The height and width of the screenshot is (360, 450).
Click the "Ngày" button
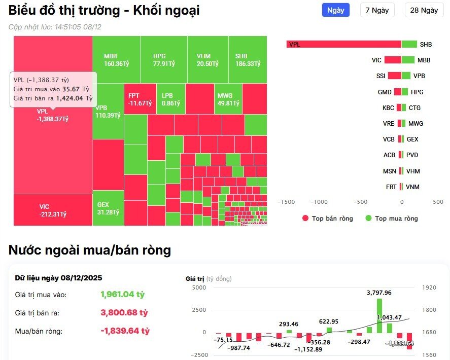tap(335, 10)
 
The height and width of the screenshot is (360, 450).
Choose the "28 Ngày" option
tap(424, 10)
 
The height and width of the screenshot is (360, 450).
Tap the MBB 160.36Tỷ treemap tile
tap(116, 60)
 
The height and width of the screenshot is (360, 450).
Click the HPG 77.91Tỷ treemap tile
tap(163, 60)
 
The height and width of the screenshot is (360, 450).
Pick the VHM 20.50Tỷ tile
tap(207, 60)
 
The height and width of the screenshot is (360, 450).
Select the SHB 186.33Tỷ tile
tap(248, 60)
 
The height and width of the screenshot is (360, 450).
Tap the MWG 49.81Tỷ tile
tap(228, 99)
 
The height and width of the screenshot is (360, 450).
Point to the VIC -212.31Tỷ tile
tap(53, 210)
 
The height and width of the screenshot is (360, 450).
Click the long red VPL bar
tap(344, 44)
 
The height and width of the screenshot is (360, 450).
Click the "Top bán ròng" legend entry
tap(327, 219)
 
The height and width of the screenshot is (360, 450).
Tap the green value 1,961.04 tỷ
tap(122, 294)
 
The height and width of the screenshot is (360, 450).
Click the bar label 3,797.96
tap(379, 293)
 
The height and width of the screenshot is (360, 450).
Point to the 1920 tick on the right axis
tap(429, 287)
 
